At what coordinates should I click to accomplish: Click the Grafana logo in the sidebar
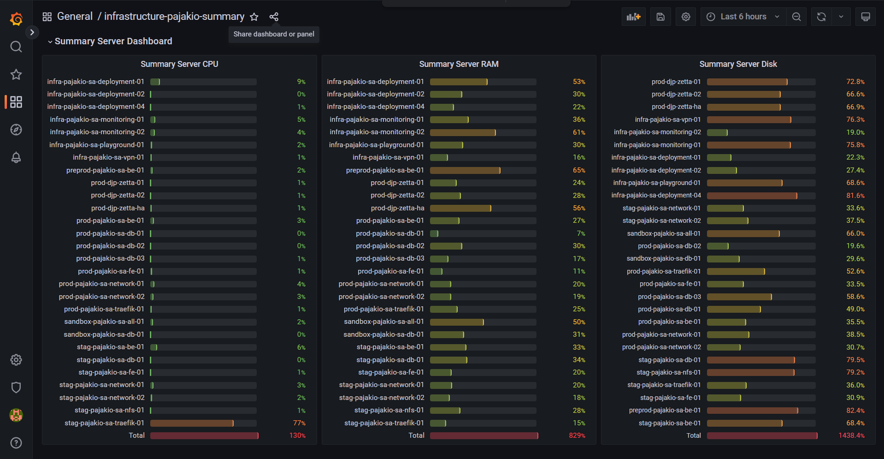16,19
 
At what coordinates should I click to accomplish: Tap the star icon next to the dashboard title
254,17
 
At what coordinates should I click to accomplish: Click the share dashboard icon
274,17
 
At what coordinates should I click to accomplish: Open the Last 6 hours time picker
743,17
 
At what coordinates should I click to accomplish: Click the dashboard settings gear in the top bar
686,17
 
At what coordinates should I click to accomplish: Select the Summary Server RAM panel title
459,64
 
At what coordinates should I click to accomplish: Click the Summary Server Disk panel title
738,64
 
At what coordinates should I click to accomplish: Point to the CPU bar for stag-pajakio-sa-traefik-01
192,423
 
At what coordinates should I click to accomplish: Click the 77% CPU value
299,423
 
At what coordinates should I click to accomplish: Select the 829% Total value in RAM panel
577,435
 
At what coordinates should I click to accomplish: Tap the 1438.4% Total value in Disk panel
852,435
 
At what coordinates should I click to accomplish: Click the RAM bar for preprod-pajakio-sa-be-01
465,170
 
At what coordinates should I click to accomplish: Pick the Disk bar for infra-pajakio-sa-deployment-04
752,196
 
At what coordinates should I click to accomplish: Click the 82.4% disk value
855,411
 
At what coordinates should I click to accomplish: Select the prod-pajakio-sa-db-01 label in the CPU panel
110,233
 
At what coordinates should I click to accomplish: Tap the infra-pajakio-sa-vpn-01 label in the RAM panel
388,157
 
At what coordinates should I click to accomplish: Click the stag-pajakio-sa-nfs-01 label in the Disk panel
669,372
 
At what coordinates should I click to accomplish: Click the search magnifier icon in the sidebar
16,47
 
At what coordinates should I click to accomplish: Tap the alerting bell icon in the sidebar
16,157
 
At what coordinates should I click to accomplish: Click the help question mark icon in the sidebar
16,443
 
